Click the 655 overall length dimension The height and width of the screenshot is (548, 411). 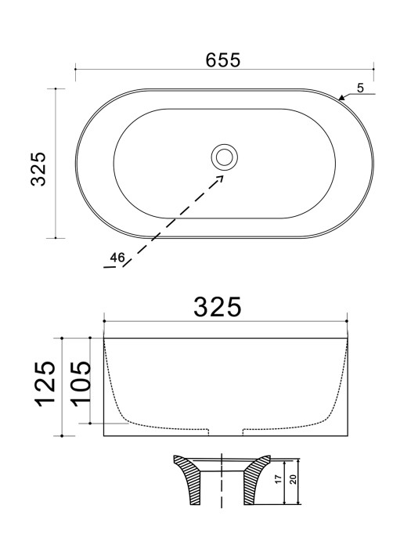(x=223, y=58)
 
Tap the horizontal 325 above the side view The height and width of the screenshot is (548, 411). (x=217, y=306)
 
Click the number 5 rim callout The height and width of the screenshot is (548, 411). (x=360, y=87)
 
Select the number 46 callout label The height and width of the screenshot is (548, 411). (x=117, y=257)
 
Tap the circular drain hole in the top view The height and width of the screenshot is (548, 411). (x=224, y=157)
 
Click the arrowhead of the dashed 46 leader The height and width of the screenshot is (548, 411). (x=221, y=177)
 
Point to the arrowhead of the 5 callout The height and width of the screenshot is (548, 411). (x=341, y=99)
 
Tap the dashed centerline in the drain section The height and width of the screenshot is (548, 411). (x=223, y=485)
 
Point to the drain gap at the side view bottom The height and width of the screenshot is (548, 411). (x=225, y=431)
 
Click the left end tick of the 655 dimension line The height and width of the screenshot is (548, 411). (x=75, y=70)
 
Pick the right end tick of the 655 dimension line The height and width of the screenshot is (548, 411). (x=373, y=70)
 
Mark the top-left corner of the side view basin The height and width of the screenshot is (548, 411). (x=104, y=339)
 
